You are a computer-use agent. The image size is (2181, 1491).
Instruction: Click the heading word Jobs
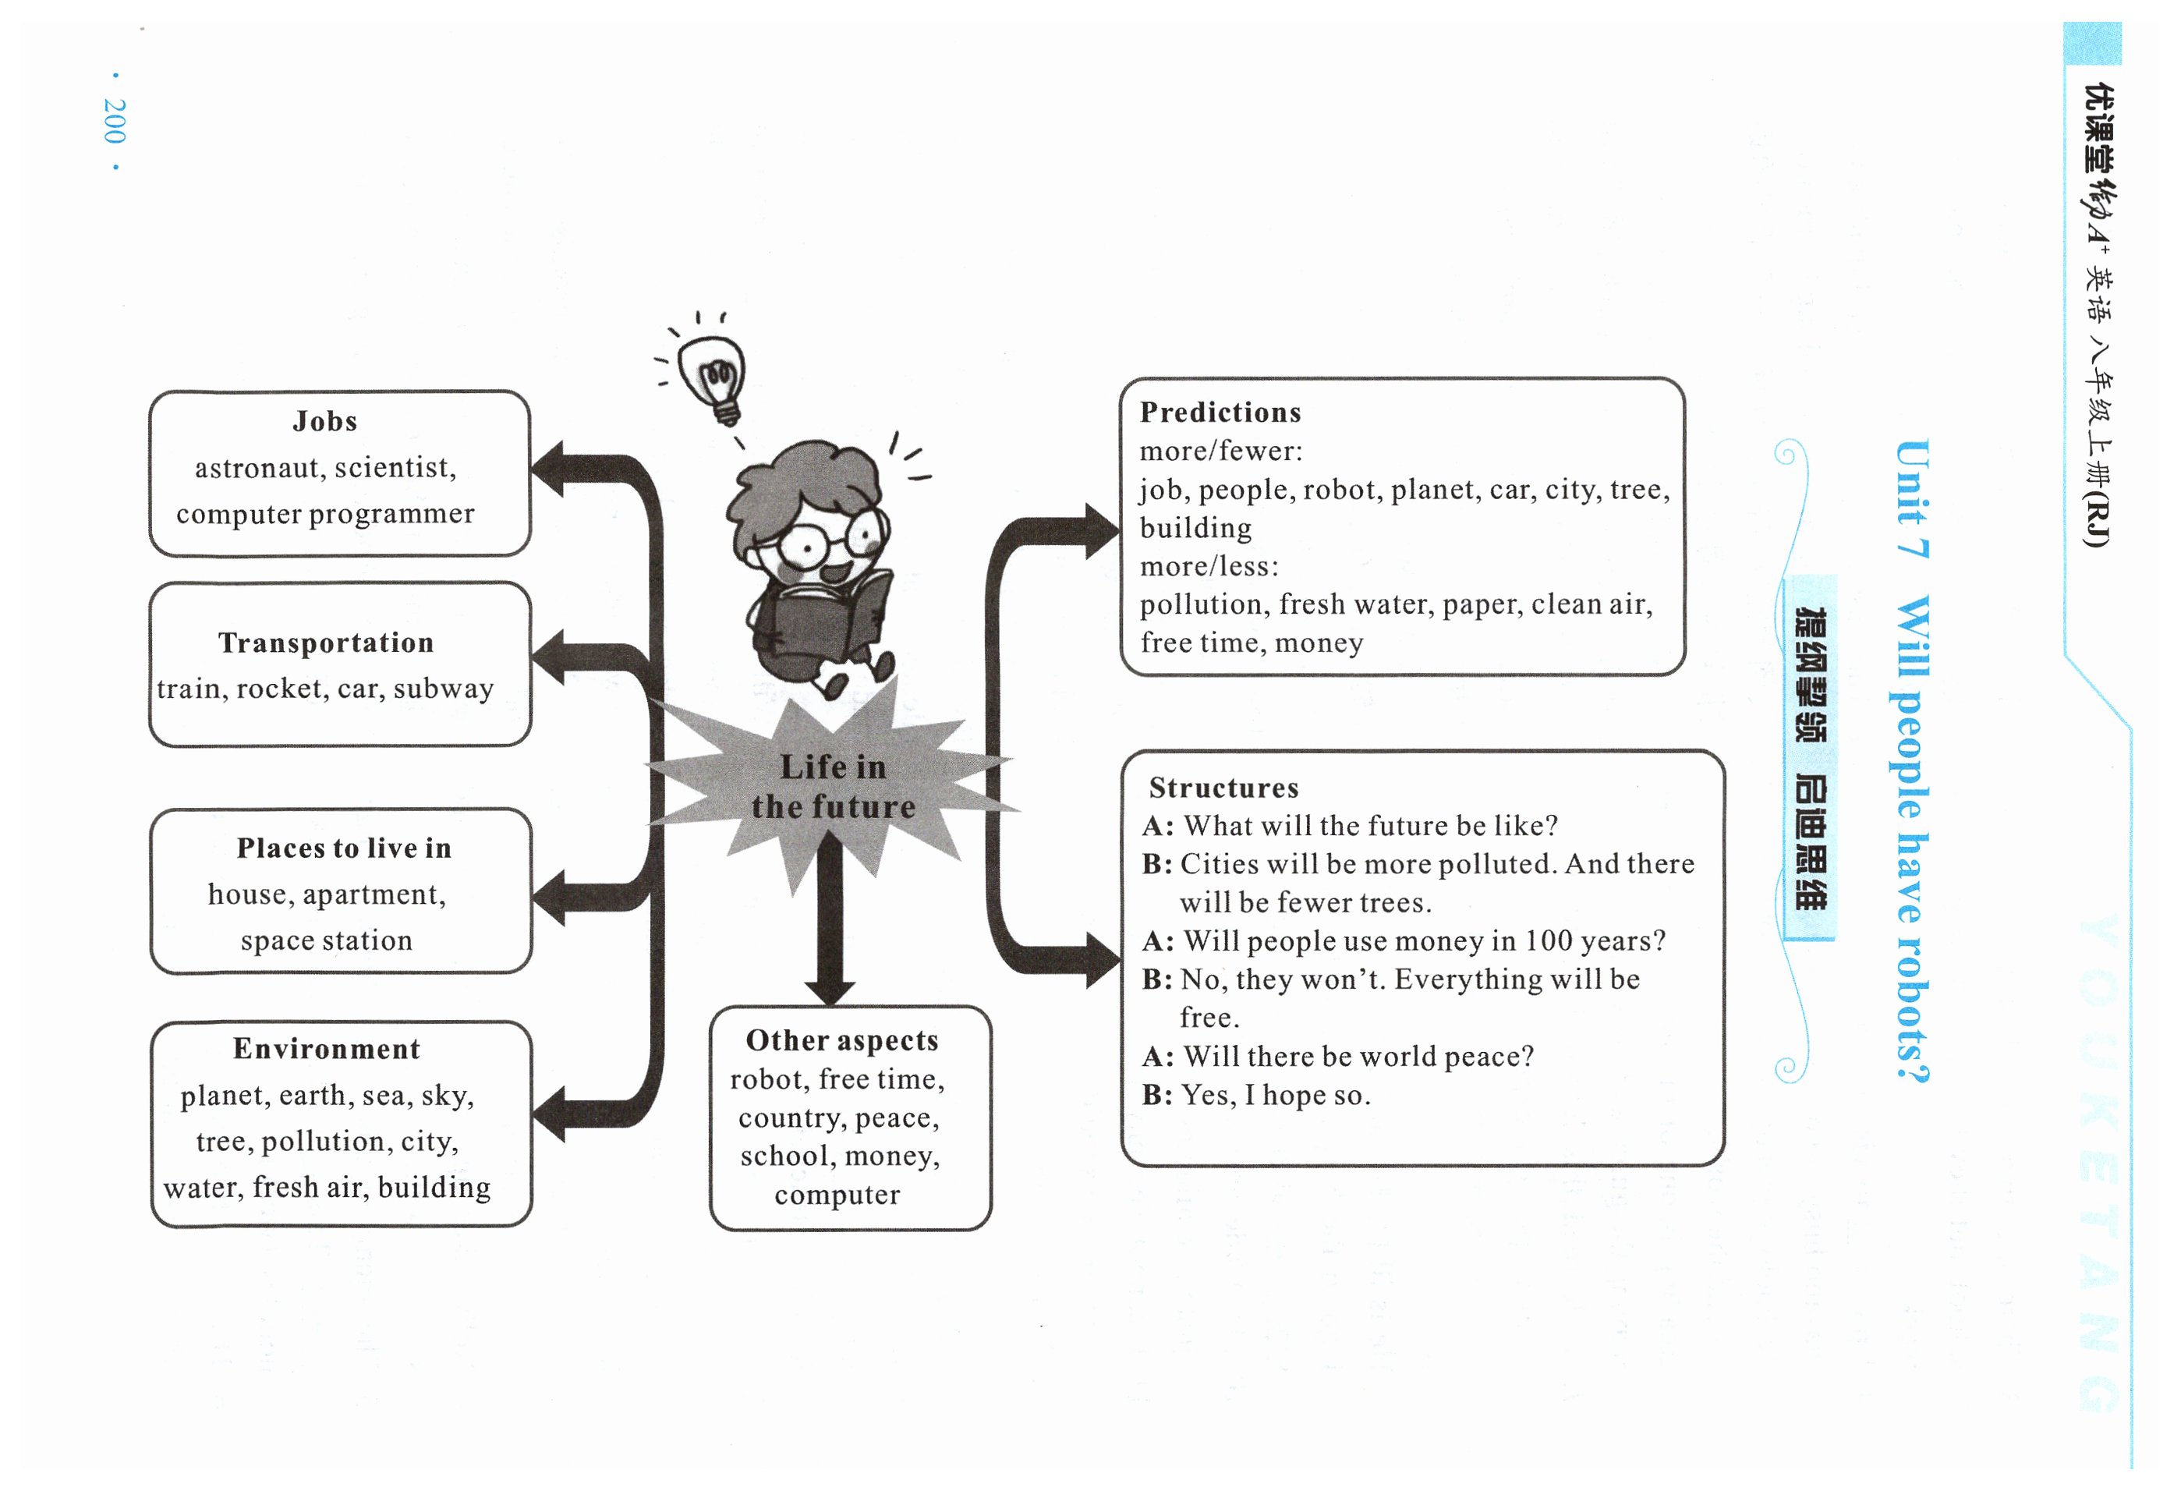tap(324, 421)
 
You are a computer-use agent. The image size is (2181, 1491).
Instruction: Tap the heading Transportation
tap(326, 643)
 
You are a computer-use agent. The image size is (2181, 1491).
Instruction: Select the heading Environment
tap(327, 1049)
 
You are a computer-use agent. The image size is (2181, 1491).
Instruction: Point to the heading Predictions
tap(1220, 413)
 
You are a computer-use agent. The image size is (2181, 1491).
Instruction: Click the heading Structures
tap(1223, 788)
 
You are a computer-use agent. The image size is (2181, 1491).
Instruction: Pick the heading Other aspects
tap(842, 1040)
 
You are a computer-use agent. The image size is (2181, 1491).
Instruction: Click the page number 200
tap(115, 121)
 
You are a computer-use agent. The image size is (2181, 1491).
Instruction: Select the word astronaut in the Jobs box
tap(257, 468)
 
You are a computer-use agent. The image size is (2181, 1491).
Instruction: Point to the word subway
tap(443, 689)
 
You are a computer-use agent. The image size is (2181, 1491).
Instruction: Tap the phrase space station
tap(326, 941)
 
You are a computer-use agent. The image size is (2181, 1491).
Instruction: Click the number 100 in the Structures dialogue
tap(1548, 941)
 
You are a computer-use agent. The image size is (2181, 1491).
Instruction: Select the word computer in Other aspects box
tap(837, 1195)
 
